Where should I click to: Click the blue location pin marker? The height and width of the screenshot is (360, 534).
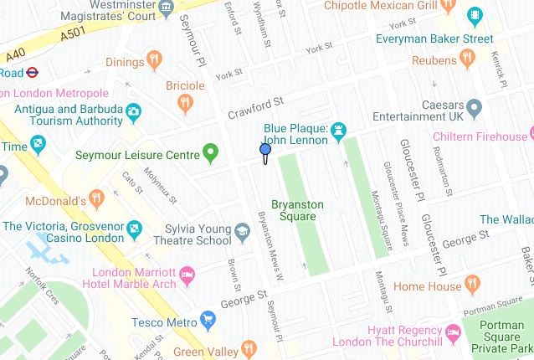coord(265,151)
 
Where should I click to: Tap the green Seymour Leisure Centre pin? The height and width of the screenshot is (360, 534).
coord(211,154)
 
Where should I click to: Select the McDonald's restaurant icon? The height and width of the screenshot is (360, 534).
coord(97,200)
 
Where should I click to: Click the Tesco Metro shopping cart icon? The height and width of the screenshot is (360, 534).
coord(208,319)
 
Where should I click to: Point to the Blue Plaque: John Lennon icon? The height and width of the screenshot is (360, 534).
coord(339,131)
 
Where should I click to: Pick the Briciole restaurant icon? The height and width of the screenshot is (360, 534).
coord(185,102)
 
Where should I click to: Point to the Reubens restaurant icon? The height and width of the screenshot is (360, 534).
coord(467,58)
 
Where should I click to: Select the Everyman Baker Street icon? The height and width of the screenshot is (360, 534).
coord(475,16)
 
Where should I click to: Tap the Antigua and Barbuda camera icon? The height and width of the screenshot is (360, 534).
coord(133,111)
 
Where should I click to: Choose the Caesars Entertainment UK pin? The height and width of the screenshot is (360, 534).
coord(475,106)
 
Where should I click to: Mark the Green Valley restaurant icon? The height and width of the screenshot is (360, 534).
coord(248,347)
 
